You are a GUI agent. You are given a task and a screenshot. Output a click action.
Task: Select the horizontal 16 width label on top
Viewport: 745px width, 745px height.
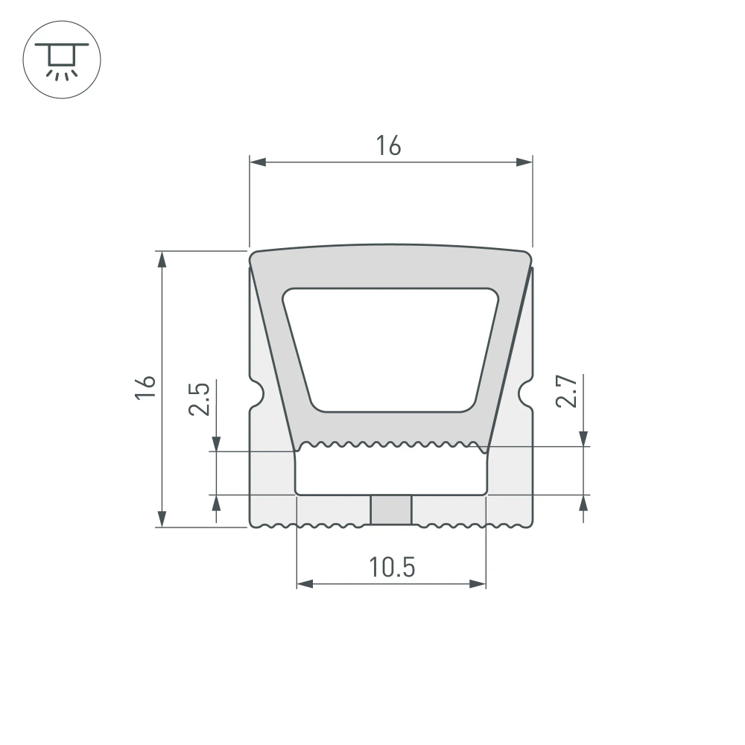pyautogui.click(x=388, y=146)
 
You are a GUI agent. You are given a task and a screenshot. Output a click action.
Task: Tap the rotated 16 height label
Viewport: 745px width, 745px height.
pyautogui.click(x=146, y=387)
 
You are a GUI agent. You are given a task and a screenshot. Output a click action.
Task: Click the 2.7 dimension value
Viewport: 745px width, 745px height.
pyautogui.click(x=567, y=391)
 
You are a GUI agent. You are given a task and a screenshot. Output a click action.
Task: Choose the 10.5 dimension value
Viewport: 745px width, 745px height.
pyautogui.click(x=391, y=568)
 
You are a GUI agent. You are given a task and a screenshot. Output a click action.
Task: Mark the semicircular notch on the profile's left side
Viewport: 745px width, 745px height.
pyautogui.click(x=256, y=394)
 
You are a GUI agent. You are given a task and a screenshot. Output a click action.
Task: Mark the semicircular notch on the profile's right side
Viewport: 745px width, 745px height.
pyautogui.click(x=527, y=394)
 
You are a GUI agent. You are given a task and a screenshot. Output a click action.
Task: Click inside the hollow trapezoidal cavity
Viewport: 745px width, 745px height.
pyautogui.click(x=391, y=349)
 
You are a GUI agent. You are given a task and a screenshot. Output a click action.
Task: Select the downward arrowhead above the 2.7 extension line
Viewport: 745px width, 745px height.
pyautogui.click(x=583, y=439)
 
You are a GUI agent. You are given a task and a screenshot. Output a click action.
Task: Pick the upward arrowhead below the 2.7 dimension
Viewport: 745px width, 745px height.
pyautogui.click(x=583, y=503)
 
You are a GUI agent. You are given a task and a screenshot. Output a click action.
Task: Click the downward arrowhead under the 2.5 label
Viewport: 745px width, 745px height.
pyautogui.click(x=216, y=443)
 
